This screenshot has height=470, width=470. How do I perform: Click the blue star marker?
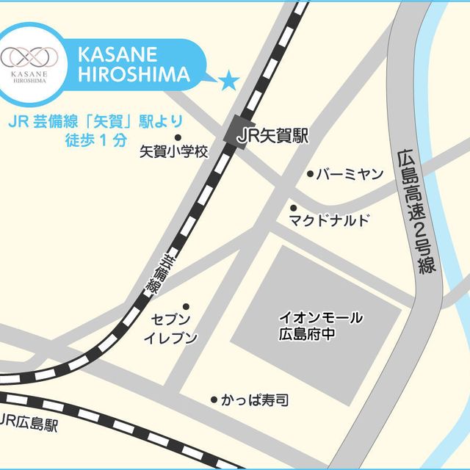230,80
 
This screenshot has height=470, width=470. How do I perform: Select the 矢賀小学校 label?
174,153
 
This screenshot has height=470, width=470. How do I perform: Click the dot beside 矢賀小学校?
177,137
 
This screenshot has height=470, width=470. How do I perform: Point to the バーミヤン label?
350,175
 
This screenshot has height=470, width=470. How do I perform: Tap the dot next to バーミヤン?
309,176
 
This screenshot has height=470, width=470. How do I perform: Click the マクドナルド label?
328,220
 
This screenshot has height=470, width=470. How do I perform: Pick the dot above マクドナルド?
293,208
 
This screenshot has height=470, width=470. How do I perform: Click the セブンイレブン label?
171,328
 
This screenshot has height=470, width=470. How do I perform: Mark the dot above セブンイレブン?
186,306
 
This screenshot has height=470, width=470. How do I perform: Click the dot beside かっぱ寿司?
214,400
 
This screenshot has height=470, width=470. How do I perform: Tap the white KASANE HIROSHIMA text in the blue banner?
133,65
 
